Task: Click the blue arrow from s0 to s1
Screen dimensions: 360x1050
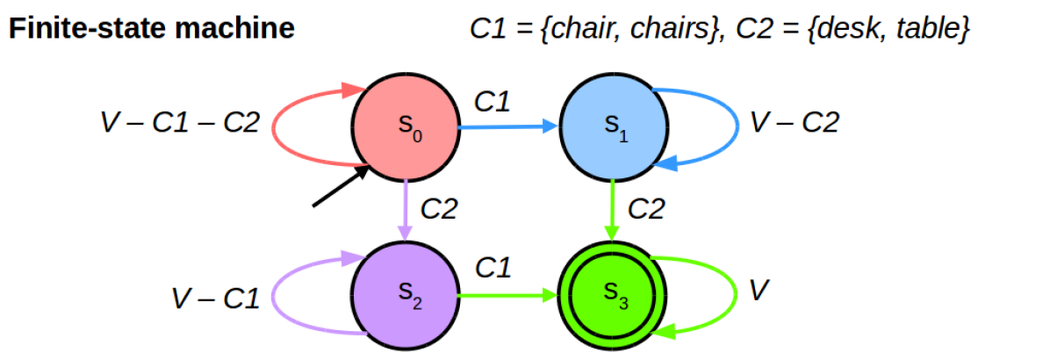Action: (x=508, y=127)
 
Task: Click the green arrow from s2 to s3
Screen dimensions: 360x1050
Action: (x=508, y=295)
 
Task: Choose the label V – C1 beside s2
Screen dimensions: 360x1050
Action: (x=215, y=299)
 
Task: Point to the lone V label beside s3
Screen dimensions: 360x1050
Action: (x=759, y=290)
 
